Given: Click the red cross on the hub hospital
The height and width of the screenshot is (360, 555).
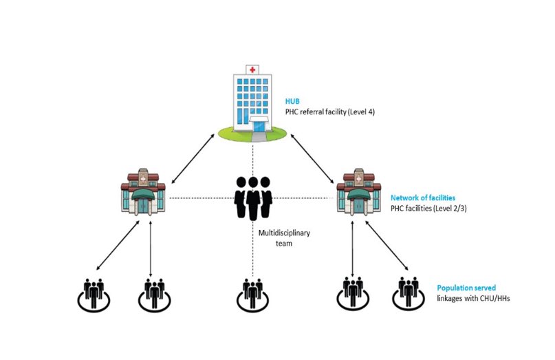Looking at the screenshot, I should [252, 70].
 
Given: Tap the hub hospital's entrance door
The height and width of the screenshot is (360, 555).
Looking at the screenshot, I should [259, 126].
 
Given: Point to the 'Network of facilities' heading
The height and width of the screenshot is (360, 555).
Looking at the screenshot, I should [422, 197].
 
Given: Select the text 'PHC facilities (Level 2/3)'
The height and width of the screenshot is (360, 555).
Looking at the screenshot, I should [430, 208].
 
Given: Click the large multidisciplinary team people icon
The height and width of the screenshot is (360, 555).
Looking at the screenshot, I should [253, 198].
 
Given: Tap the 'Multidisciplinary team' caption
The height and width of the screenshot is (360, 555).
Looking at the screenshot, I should [284, 238].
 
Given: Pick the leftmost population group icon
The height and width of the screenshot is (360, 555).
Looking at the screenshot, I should [92, 293].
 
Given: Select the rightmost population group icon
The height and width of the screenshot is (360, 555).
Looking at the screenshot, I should [407, 293].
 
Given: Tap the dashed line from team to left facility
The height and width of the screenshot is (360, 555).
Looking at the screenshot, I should [199, 198].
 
